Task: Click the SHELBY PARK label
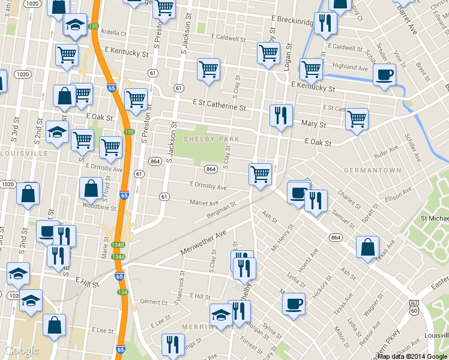click(211, 139)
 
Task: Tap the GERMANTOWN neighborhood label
click(372, 170)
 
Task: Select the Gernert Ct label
click(153, 301)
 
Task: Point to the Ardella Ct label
click(114, 32)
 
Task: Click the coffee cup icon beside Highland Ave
click(384, 75)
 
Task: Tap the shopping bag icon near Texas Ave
click(367, 247)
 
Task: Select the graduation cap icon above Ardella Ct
click(74, 25)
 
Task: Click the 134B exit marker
click(118, 245)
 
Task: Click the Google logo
click(22, 351)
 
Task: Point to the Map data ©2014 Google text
click(412, 356)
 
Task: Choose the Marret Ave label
click(203, 203)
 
